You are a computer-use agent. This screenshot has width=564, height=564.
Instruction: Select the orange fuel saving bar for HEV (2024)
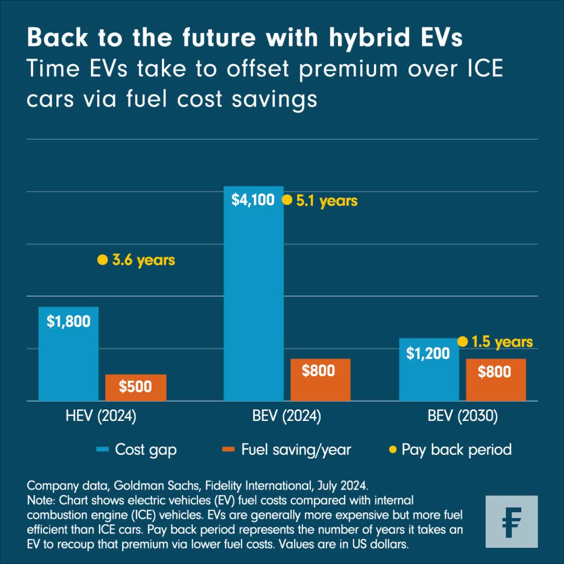tap(136, 387)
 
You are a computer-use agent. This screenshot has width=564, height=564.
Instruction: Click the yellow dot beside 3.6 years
tap(102, 260)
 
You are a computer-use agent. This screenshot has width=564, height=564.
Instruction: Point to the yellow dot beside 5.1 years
tap(287, 200)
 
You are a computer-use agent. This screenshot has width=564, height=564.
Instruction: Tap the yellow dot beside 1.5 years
tap(462, 342)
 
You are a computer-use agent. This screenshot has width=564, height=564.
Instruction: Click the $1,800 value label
tap(68, 321)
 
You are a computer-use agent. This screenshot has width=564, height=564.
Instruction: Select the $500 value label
tap(135, 386)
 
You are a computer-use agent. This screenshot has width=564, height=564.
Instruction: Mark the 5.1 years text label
tap(327, 201)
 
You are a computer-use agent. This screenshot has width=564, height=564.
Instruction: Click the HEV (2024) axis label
tap(101, 416)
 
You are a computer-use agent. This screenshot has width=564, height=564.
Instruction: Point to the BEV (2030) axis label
tap(462, 416)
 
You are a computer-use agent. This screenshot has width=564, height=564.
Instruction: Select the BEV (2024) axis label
tap(287, 416)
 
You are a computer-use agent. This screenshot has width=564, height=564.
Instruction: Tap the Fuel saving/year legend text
tap(296, 450)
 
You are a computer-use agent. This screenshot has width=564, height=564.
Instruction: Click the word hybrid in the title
tap(355, 38)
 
